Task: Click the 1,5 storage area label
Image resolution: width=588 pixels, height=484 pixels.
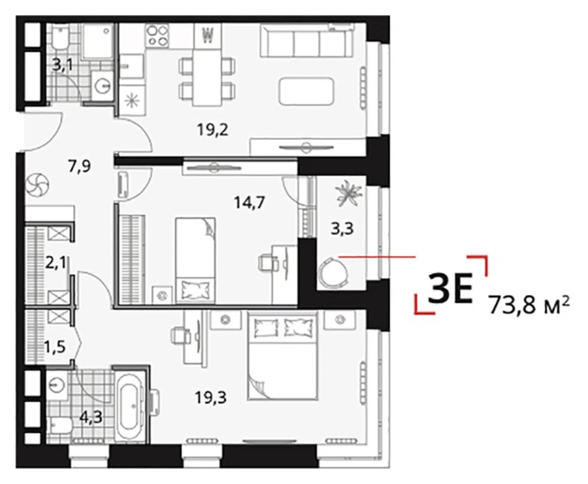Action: [x=55, y=344]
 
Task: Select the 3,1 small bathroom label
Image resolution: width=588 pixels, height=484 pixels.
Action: [x=63, y=64]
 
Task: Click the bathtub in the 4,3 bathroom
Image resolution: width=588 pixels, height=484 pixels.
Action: [x=129, y=404]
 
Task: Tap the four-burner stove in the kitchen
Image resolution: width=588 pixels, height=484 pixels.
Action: [x=157, y=36]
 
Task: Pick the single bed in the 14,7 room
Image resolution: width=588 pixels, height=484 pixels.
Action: [x=195, y=258]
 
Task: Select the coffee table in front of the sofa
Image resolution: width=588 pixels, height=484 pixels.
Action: [x=307, y=90]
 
